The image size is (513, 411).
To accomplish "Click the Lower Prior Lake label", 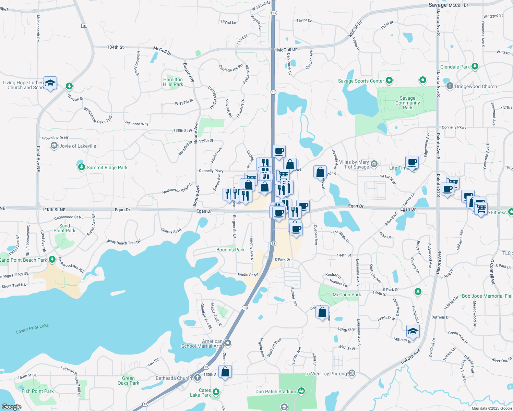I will pos(32,328).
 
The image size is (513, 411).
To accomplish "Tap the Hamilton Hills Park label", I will pos(173,82).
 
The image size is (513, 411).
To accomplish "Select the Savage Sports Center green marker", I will pos(389,81).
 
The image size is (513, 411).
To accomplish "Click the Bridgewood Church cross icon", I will pos(450,86).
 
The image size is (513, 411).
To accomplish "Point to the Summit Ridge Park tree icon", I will pos(81,167).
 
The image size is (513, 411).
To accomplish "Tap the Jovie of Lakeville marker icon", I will pos(54,146).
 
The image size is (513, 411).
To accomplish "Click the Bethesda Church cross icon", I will pos(197,378).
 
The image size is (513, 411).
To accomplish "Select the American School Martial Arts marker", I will pos(228,343).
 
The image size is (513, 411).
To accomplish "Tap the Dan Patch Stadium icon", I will pos(301,391).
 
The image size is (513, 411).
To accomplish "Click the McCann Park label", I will pos(347,295).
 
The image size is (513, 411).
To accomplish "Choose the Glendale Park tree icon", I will pos(475,66).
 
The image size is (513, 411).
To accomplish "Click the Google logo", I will pos(12,407).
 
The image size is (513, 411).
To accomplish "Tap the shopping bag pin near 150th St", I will pos(225,372).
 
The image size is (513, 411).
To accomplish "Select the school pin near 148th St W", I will pos(413,331).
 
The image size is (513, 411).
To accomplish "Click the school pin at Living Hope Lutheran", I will pos(50,83).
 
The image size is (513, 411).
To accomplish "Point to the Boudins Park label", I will pos(230,250).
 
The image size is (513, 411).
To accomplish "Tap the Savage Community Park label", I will pos(407,103).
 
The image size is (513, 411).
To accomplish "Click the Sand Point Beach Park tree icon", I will pos(52,260).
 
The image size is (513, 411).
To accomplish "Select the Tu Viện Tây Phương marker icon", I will pos(352,373).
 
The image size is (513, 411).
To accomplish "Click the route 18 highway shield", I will pos(84,26).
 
